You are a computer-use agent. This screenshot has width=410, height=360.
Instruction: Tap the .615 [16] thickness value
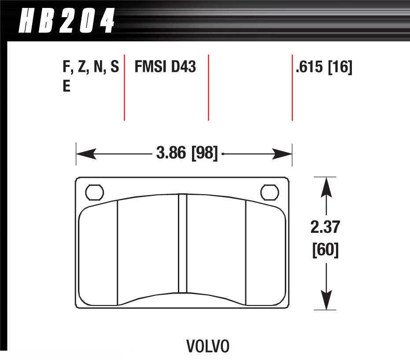tap(324, 67)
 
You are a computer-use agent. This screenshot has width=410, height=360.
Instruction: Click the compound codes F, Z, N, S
tap(90, 67)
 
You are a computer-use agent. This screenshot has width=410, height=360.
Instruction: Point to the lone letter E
tap(66, 86)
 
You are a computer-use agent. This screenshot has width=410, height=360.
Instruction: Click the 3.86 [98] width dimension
tap(187, 154)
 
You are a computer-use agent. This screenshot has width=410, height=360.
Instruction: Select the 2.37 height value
tap(325, 228)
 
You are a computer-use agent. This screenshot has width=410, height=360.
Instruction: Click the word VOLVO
tap(208, 346)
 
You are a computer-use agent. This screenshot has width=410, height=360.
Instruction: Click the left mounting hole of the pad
tap(94, 192)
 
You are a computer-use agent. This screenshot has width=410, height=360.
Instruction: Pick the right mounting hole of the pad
tap(270, 192)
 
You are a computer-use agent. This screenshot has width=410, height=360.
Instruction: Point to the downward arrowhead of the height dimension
tap(325, 301)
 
